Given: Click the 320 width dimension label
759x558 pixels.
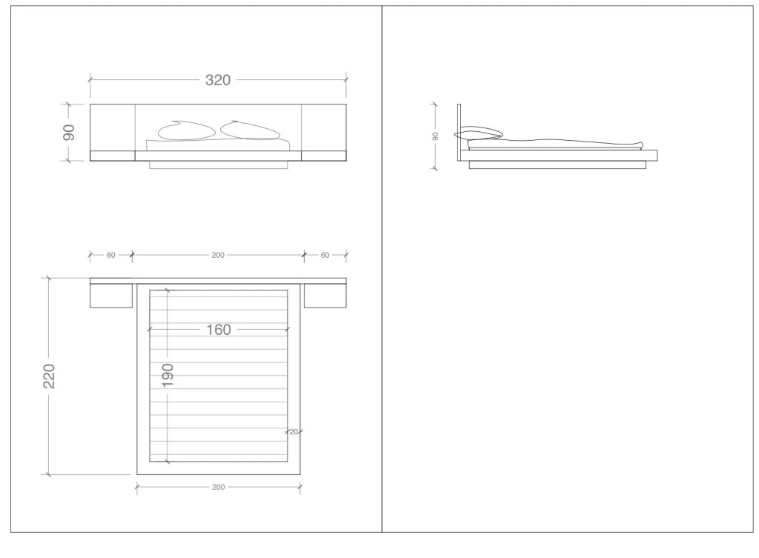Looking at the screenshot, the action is (218, 80).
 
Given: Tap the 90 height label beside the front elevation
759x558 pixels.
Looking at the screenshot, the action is (69, 132).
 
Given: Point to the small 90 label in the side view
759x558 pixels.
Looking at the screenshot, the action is (435, 136).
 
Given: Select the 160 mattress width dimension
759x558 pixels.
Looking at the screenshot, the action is (219, 330).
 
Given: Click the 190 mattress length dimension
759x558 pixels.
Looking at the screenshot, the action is (168, 376).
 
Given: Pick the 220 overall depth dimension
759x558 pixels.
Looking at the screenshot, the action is (49, 376).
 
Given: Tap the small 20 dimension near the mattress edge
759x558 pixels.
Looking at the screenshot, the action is (294, 432).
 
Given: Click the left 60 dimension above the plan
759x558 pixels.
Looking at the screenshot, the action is (111, 255).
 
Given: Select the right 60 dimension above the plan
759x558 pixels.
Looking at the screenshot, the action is (325, 255).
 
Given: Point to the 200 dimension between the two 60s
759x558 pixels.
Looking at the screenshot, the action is (218, 255).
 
